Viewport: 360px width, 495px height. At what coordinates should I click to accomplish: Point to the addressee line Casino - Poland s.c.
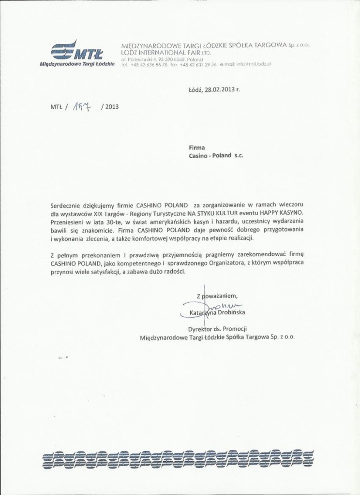(216, 157)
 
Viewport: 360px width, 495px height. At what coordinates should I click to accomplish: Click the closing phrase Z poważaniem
(217, 296)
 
